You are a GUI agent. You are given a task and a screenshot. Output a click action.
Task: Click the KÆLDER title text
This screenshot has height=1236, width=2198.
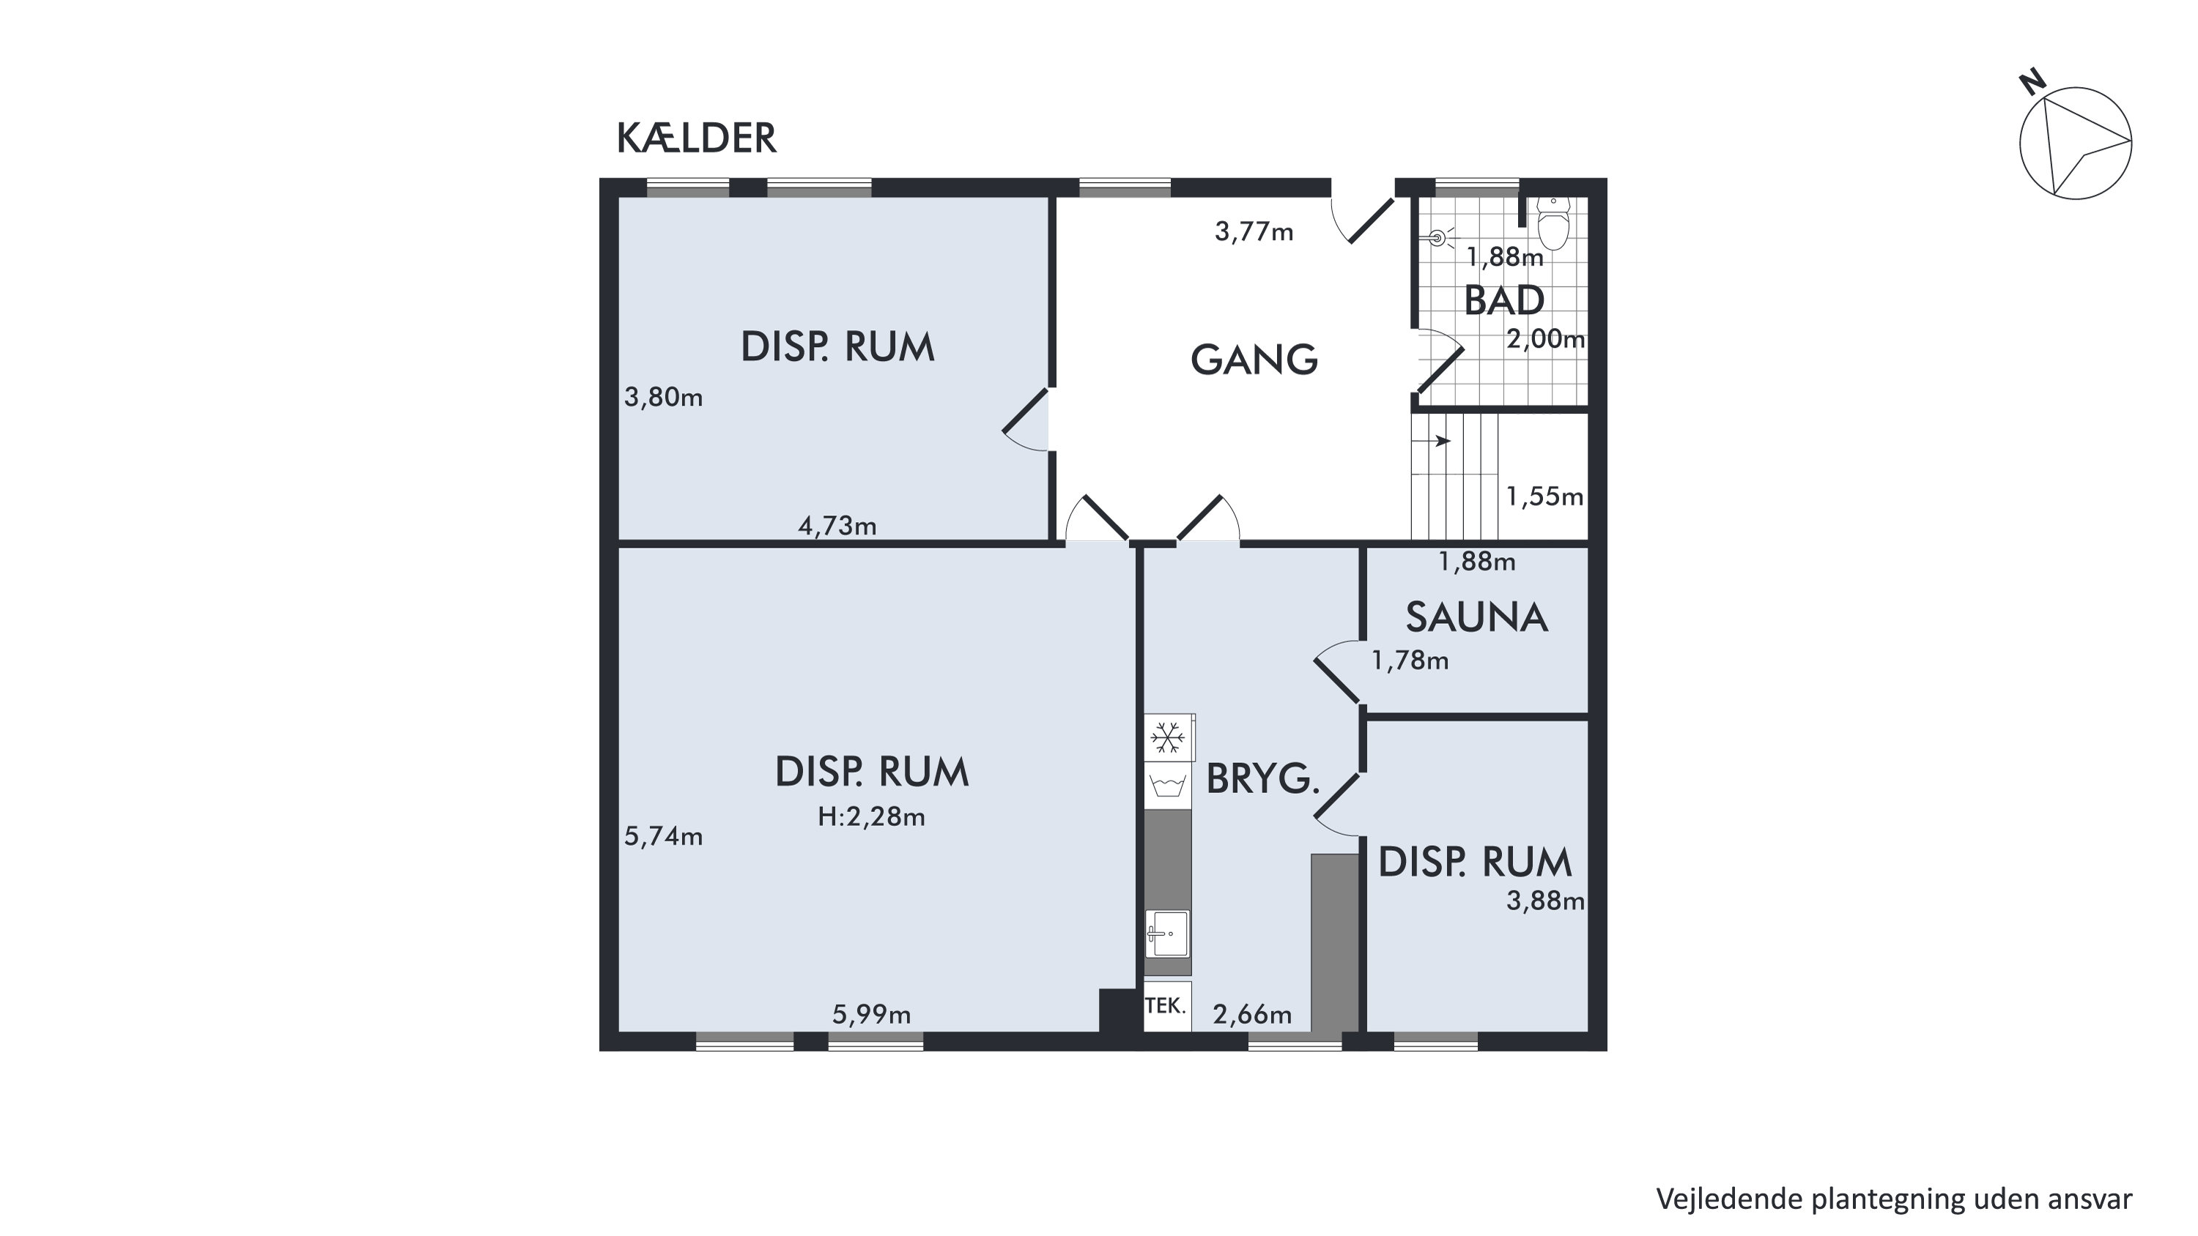[696, 138]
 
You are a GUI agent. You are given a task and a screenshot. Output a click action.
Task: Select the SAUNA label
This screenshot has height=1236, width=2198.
[1476, 617]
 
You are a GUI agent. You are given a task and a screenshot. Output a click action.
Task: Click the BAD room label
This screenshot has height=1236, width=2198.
[1503, 300]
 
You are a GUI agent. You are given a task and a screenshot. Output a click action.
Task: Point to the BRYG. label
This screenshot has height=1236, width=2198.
[1263, 779]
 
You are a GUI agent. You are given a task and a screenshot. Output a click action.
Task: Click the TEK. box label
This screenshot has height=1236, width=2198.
[1165, 1005]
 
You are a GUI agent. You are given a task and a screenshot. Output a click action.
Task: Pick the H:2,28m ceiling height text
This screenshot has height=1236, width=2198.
[871, 817]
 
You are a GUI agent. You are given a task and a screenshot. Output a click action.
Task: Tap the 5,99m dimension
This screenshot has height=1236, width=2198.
[871, 1015]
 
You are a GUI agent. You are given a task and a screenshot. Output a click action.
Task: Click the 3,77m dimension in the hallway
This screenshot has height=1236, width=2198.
[1254, 231]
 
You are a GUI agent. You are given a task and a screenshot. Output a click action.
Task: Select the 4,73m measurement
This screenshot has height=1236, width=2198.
[837, 526]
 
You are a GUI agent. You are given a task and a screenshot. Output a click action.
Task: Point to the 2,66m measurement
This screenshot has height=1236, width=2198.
[1251, 1015]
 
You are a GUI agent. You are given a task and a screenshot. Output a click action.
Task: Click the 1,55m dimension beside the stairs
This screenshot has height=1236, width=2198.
[1544, 496]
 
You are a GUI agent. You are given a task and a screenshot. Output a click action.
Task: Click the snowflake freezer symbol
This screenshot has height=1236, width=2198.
[1166, 738]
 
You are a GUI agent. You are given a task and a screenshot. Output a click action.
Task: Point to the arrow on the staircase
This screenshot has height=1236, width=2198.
[1431, 441]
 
